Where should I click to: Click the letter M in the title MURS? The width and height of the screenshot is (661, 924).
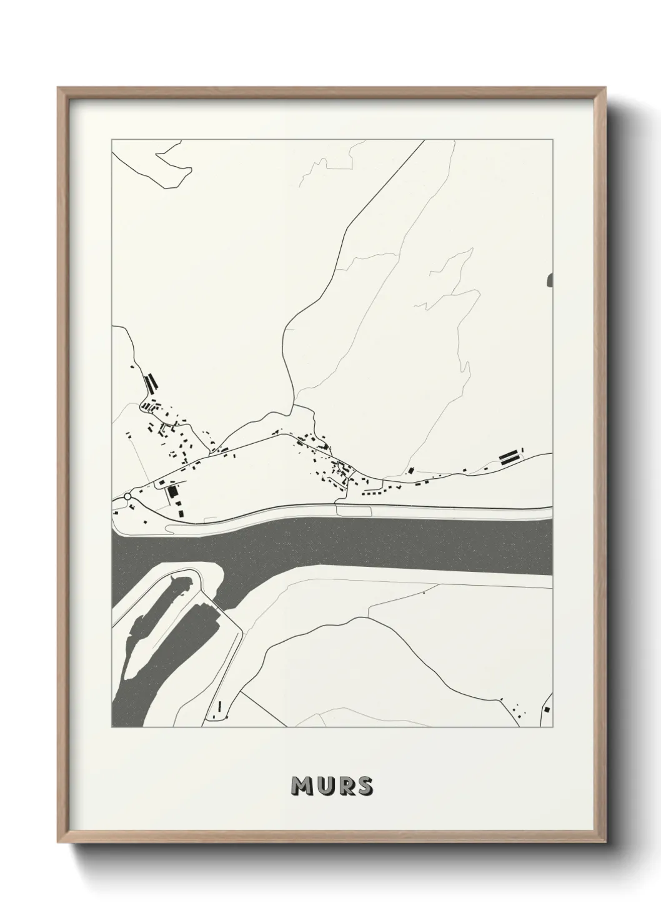point(302,787)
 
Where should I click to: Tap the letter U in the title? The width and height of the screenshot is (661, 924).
point(324,787)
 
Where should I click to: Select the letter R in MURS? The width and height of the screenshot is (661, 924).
point(345,787)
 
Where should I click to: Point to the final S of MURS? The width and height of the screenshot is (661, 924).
point(364,787)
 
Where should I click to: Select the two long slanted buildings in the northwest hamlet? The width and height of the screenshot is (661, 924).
point(150,382)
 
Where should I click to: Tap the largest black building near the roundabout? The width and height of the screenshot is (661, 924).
point(172,493)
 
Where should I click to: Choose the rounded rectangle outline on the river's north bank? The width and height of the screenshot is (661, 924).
point(354,510)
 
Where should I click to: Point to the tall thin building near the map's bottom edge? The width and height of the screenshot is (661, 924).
point(221,707)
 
